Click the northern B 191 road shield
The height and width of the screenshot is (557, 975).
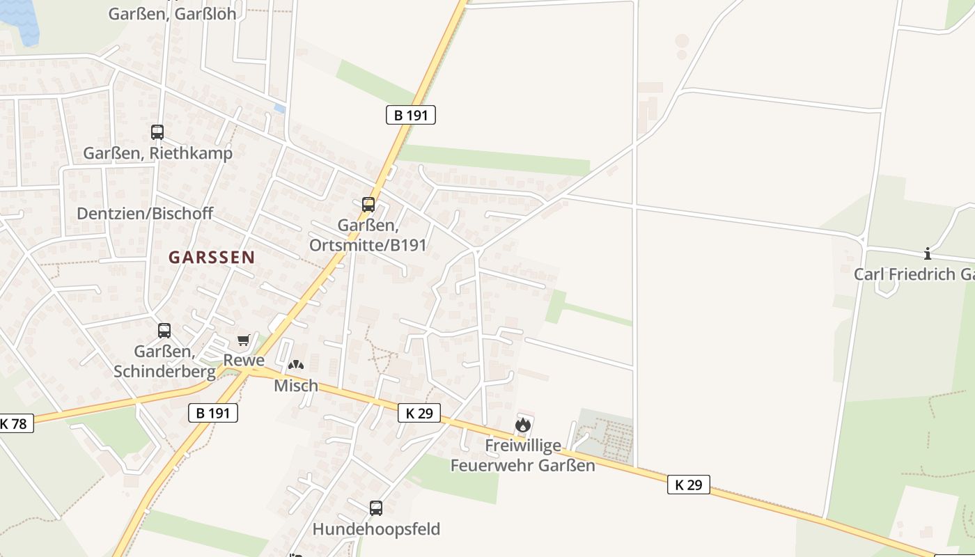coord(411,115)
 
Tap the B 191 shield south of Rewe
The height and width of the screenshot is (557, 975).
coord(213,413)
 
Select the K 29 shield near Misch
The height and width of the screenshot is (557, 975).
coord(419,413)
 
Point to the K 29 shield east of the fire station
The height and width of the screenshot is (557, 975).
coord(689,485)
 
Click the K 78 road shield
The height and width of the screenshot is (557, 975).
coord(14,423)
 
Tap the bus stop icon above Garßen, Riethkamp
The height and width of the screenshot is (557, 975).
coord(157,132)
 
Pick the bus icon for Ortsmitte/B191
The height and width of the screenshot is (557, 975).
coord(368,205)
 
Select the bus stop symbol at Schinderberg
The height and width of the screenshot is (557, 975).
coord(164,331)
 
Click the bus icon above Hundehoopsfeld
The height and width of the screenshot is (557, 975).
coord(376,508)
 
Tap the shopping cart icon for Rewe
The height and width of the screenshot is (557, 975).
coord(243,340)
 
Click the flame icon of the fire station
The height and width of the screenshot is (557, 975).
coord(523,424)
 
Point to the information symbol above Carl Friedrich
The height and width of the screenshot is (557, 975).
coord(927,254)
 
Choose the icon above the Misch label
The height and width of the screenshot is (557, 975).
coord(296,365)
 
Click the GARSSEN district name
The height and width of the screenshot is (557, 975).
coord(212,257)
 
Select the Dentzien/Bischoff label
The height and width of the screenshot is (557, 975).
coord(145,214)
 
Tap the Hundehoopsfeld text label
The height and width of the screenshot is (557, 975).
coord(376,529)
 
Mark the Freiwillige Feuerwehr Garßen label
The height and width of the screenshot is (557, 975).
coord(523,455)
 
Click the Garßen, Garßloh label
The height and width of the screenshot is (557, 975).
coord(172,13)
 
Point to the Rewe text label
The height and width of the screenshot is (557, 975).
coord(244,361)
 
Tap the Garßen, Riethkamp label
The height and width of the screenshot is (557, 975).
coord(158,153)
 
